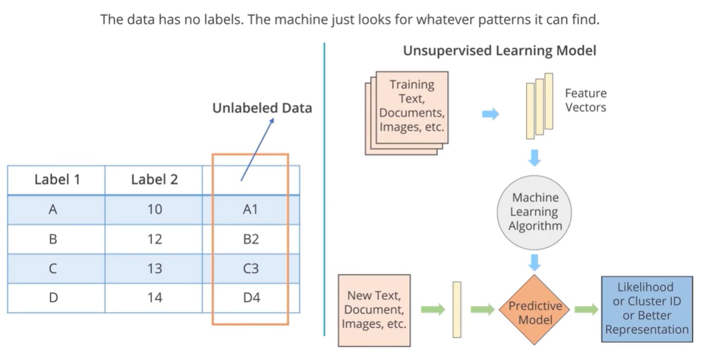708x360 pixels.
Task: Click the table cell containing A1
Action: (251, 209)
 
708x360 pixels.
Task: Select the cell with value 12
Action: (154, 239)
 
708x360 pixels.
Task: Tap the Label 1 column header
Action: (57, 179)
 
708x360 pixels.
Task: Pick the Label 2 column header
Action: (154, 179)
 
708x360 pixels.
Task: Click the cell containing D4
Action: (251, 297)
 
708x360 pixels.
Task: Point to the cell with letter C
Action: (53, 268)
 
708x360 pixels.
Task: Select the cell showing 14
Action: (154, 297)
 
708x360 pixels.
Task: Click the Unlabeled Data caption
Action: (262, 108)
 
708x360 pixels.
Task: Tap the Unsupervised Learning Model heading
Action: (499, 51)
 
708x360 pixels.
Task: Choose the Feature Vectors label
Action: (585, 100)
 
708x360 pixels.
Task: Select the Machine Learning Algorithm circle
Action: (535, 212)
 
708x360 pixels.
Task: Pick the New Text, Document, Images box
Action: (373, 309)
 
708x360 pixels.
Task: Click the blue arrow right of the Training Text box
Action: (491, 114)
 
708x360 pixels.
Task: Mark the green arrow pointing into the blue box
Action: (587, 309)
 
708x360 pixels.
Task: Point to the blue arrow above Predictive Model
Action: (535, 262)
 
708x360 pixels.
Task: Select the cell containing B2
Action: (251, 239)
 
